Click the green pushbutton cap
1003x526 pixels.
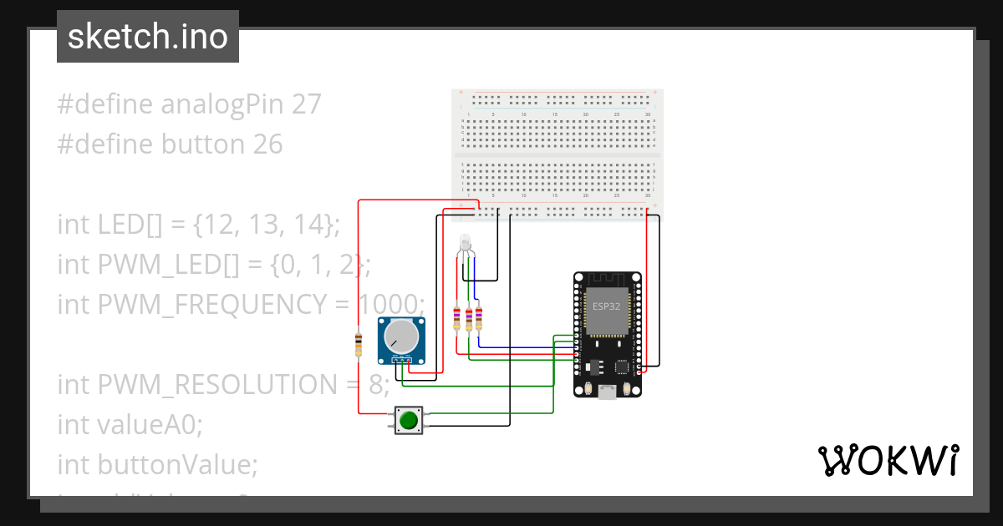408,419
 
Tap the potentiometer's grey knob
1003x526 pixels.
401,337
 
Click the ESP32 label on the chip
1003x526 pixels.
607,306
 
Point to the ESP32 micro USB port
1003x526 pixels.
608,391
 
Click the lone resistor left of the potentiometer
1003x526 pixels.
359,344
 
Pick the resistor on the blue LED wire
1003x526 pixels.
479,318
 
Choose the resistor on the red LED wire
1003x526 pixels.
456,318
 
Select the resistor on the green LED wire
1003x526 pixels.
468,318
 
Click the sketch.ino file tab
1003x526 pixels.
148,37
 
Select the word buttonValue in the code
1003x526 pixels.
177,464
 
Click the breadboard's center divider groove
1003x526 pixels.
558,155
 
